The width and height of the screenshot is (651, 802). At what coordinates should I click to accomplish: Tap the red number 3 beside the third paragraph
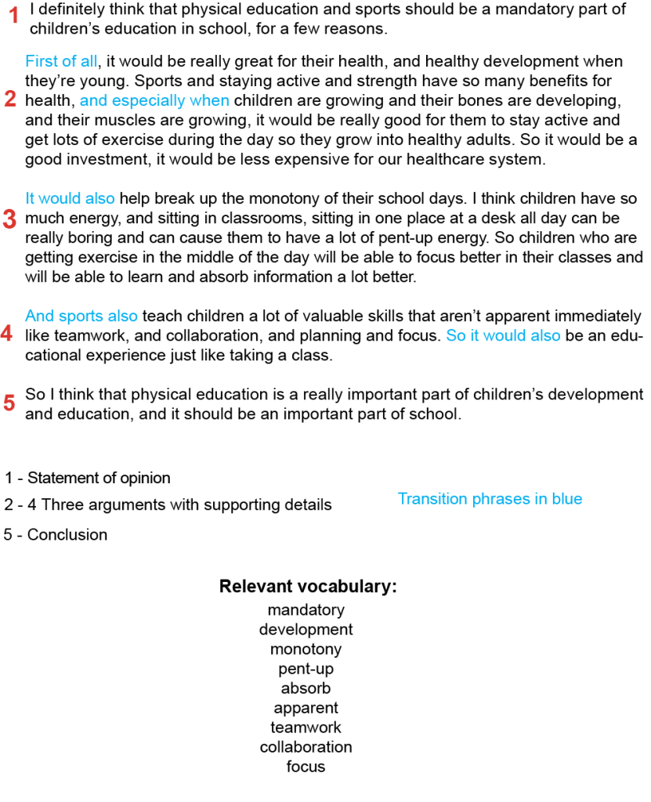pos(9,219)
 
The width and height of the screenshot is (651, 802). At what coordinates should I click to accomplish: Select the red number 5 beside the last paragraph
pos(9,403)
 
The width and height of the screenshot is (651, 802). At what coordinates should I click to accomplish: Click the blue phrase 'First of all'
pos(62,61)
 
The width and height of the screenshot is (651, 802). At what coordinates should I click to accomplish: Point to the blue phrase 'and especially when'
pos(154,100)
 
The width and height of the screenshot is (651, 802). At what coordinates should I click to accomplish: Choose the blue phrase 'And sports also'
pos(81,316)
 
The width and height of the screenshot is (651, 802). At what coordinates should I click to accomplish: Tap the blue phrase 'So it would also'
pos(503,335)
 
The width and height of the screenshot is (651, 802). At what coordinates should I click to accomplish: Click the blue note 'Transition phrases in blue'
pos(490,499)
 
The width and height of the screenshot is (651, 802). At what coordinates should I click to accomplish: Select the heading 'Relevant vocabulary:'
pos(308,587)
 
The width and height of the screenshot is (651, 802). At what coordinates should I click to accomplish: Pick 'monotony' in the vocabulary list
pos(306,649)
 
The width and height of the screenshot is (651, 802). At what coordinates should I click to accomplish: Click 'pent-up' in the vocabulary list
pos(306,669)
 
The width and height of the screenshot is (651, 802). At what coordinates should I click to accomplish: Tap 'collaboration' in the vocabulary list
pos(306,747)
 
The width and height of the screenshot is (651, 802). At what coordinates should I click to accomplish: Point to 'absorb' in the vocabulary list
pos(306,688)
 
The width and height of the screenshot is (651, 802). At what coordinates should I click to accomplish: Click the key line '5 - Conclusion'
pos(56,535)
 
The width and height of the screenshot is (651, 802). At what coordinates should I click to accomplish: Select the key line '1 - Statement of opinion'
pos(87,478)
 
